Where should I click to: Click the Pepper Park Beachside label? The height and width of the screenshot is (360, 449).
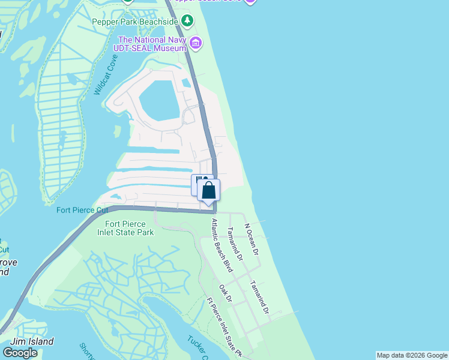point(135,22)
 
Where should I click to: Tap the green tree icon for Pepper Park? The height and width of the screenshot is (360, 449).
point(187,22)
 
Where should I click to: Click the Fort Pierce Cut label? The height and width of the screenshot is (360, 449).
point(82,210)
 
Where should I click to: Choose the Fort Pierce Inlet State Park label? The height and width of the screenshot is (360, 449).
point(125,228)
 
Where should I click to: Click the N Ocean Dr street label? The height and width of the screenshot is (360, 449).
point(251,241)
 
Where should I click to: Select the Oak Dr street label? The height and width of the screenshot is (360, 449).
point(226,294)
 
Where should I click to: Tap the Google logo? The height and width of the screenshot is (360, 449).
point(20,353)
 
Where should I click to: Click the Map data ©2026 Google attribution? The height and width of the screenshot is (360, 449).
point(412,355)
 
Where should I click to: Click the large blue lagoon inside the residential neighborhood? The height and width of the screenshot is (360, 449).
point(158,99)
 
